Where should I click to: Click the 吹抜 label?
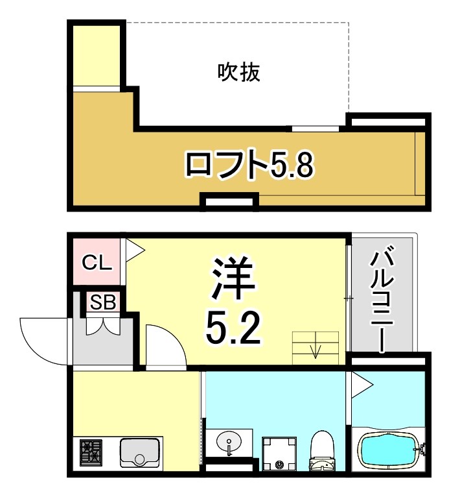coord(238,72)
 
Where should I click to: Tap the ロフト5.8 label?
coord(249,165)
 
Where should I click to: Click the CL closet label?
coord(97,263)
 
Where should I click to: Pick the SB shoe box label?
coord(102,302)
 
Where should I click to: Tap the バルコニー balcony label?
coord(380,299)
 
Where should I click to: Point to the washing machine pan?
coord(278,453)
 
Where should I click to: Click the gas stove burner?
coord(91,452)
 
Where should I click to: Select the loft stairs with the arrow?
coord(316,346)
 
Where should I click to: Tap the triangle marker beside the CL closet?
coord(134,250)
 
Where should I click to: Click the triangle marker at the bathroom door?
coord(360,385)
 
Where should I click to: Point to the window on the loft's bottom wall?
coord(229,203)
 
